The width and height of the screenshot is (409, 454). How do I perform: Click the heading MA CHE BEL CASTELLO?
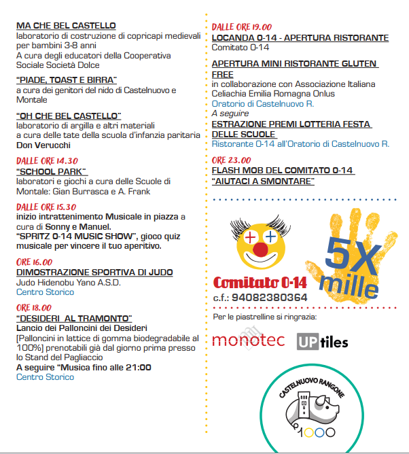click(x=66, y=26)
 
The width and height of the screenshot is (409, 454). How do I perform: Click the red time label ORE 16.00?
click(x=34, y=262)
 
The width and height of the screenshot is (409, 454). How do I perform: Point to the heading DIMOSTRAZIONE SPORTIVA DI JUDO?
click(x=94, y=273)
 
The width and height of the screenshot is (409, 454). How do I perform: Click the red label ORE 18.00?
click(x=34, y=308)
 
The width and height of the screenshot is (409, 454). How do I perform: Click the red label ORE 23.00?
click(x=230, y=160)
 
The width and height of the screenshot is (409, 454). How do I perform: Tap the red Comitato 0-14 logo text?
click(x=260, y=283)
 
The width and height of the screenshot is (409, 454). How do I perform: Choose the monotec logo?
click(x=248, y=340)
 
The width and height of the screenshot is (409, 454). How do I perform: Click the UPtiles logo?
click(x=322, y=340)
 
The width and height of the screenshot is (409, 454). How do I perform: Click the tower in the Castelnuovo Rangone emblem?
click(x=303, y=409)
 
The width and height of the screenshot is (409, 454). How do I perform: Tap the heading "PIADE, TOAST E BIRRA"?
click(x=67, y=80)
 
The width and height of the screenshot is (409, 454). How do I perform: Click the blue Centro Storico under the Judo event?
click(x=45, y=292)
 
